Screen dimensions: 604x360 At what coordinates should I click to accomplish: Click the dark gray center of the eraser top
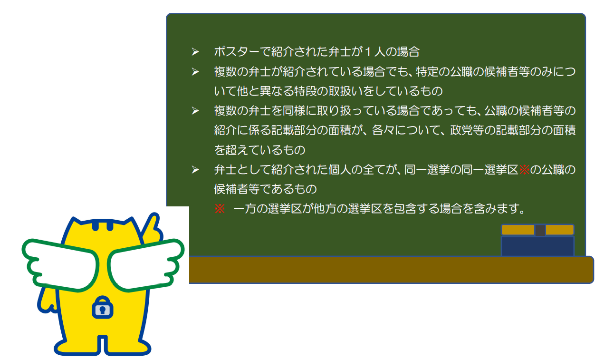coord(540,230)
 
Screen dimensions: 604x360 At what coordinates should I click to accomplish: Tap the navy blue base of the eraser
coord(537,246)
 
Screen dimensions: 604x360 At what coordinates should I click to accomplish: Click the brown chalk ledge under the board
coord(391,270)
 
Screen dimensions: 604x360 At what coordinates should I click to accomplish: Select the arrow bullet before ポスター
coord(195,51)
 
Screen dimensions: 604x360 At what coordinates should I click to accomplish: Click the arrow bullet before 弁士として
coord(195,170)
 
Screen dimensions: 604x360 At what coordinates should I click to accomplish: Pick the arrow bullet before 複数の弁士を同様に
coord(195,111)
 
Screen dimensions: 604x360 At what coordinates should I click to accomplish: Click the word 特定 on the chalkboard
coord(427,71)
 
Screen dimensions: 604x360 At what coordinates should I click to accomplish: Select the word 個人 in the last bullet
coord(339,170)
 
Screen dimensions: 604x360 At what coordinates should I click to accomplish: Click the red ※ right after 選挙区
coord(524,170)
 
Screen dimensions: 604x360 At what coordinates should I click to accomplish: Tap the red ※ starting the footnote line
coord(220,209)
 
